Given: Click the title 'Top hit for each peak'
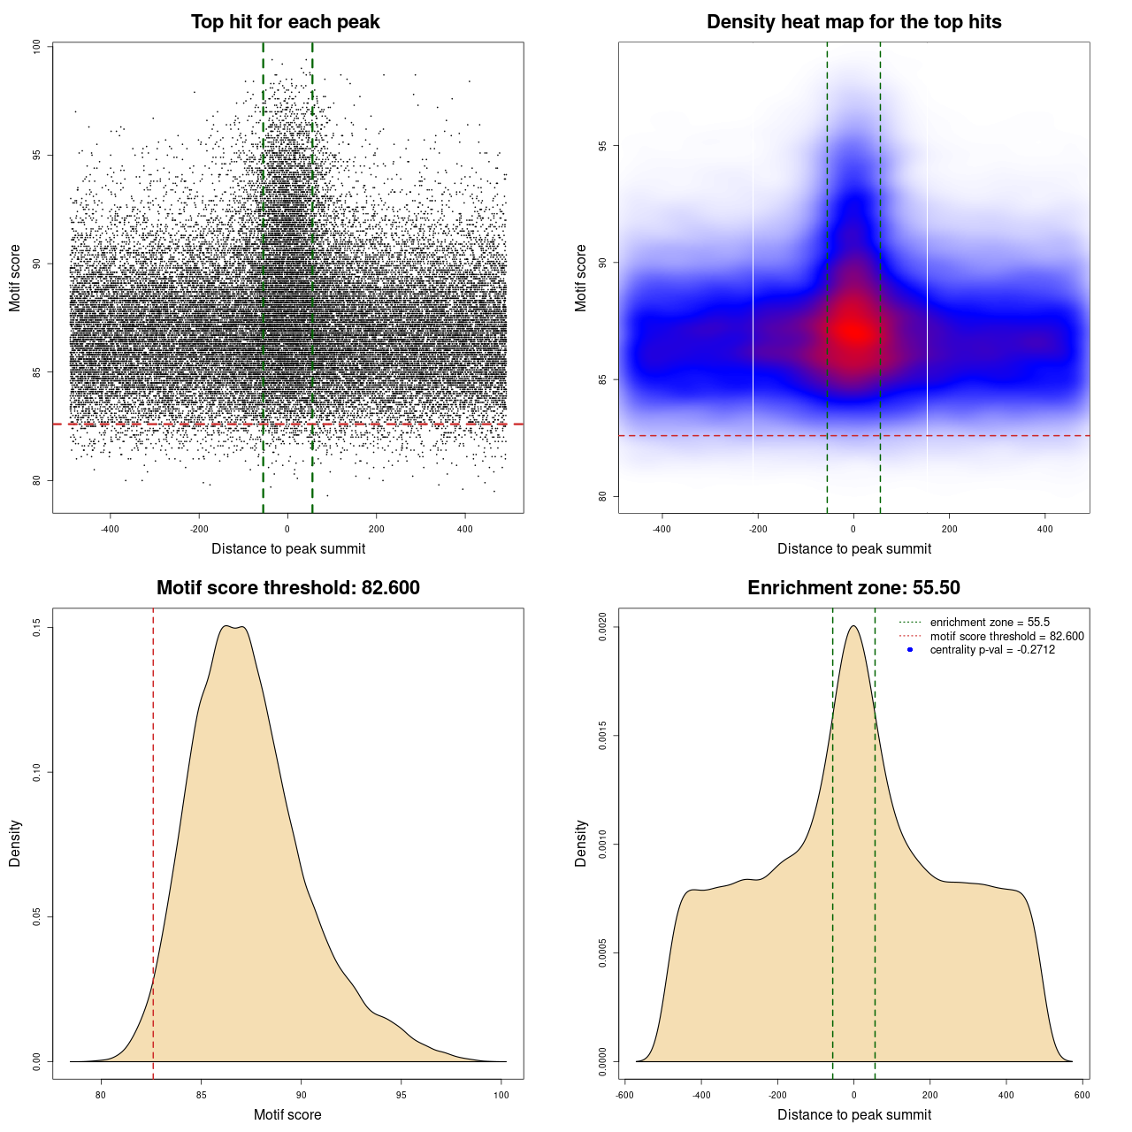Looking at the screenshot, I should coord(285,22).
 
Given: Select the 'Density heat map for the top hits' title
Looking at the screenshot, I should coord(853,22).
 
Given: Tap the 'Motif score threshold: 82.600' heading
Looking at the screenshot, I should coord(287,588).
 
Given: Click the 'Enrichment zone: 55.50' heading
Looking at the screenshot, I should coord(853,588).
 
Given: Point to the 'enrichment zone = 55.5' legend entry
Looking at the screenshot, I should coord(990,623).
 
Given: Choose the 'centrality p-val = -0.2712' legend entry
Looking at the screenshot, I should coord(992,650).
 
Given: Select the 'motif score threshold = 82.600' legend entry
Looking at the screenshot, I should coord(1006,637).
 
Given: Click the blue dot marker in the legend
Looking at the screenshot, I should coord(910,650).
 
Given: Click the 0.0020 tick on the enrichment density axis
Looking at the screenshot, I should coord(603,628).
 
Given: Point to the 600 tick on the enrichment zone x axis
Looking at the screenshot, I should coord(1082,1095).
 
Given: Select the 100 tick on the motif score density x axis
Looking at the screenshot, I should coord(501,1095).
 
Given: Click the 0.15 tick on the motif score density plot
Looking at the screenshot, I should coord(37,628).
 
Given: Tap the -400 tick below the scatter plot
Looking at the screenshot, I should coord(110,529).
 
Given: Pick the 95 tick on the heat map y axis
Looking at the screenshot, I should coord(603,146).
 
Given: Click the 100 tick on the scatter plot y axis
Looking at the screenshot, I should coord(37,46).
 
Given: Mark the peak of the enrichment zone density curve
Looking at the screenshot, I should coord(853,626).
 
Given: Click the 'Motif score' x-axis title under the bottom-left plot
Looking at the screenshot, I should coord(287,1114).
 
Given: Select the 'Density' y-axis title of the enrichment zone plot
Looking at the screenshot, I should coord(581,843).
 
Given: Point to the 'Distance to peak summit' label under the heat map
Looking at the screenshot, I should coord(853,548).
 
